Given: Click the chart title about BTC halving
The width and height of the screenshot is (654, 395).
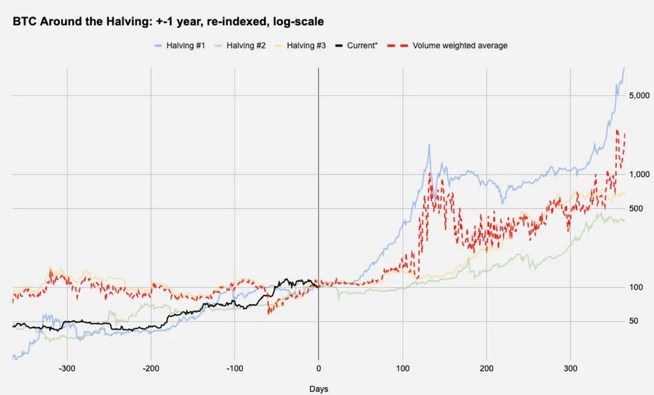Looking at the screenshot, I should click(x=169, y=21).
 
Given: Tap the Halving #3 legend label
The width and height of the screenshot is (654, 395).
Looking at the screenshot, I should click(x=305, y=45).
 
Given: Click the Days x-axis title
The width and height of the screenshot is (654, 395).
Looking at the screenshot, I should click(x=319, y=389).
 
